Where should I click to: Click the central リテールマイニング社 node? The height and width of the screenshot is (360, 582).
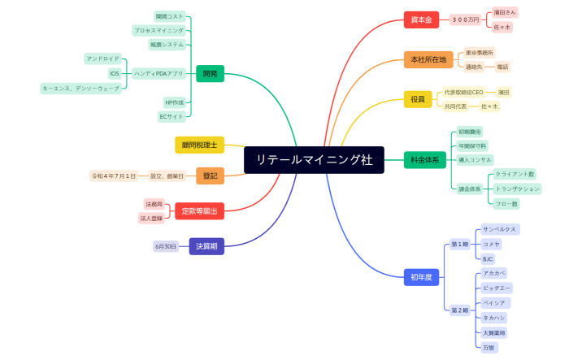point(314,160)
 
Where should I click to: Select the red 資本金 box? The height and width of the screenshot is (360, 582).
point(421,19)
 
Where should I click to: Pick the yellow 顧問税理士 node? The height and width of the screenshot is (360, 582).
point(199,145)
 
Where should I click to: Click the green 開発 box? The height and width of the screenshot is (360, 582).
point(210,74)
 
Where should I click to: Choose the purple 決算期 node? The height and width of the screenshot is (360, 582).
point(206,246)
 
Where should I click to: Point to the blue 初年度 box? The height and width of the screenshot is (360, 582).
point(421,277)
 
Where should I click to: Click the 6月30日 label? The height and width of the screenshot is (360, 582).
point(166,246)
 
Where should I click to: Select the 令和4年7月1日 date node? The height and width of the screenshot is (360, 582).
point(114,176)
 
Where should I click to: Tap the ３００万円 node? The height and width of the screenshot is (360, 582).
point(465,19)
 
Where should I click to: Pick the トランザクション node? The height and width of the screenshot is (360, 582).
point(517,189)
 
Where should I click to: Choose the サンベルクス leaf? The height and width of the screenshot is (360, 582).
point(499,230)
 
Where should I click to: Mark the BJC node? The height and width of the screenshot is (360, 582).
point(488,258)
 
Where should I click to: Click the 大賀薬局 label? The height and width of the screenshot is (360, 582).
point(493,332)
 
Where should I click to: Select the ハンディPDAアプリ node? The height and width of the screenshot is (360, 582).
point(159,73)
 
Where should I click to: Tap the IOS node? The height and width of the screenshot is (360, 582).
point(115,73)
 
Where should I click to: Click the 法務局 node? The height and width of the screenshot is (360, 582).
point(154,204)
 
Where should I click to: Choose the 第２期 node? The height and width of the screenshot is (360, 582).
point(459,310)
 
